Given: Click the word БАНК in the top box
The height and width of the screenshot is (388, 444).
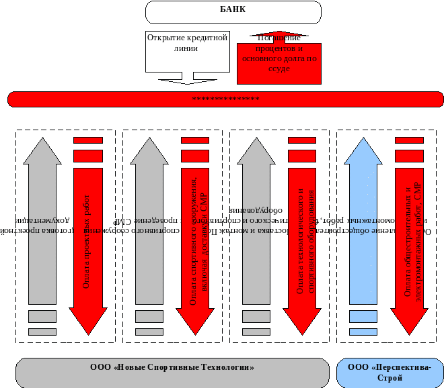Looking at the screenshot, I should pyautogui.click(x=232, y=10).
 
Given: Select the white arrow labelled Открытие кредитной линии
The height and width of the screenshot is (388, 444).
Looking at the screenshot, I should pyautogui.click(x=188, y=51).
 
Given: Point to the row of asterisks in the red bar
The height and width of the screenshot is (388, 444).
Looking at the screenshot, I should pyautogui.click(x=225, y=99).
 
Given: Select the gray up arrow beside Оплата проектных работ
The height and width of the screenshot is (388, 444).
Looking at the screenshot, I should pyautogui.click(x=42, y=222).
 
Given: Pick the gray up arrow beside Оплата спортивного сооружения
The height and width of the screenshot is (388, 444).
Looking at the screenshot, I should pyautogui.click(x=149, y=222).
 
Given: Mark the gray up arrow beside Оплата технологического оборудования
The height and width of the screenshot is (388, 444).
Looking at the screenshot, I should pyautogui.click(x=256, y=222).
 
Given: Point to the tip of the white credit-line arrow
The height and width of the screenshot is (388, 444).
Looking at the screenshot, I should pyautogui.click(x=188, y=81).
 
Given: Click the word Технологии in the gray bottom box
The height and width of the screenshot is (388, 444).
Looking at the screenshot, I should pyautogui.click(x=230, y=368).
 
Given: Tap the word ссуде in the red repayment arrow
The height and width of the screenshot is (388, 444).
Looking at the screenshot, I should pyautogui.click(x=278, y=68).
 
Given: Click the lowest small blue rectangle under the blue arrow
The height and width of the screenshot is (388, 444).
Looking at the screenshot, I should pyautogui.click(x=363, y=332).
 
